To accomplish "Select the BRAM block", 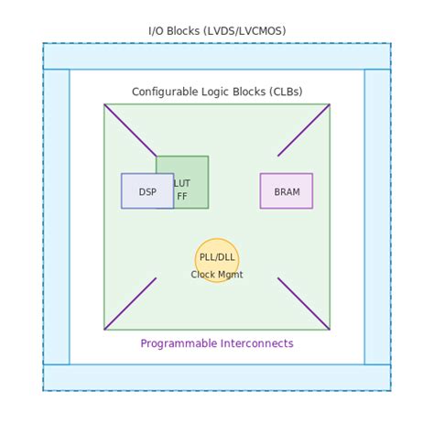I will click(286, 191).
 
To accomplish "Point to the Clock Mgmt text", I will click(217, 275).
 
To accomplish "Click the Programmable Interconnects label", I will click(217, 343).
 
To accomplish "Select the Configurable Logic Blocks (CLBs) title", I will click(217, 92).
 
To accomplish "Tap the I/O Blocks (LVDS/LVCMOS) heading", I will click(217, 31).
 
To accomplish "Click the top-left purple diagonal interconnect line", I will click(130, 130).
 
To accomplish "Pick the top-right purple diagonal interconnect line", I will click(304, 130).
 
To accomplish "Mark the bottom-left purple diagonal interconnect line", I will click(130, 304).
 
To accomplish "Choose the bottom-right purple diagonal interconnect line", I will click(304, 304).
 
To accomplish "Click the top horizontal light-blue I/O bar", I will click(217, 56).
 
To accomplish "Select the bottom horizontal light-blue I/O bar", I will click(217, 377).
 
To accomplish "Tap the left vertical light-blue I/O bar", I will click(56, 217).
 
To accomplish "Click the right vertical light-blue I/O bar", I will click(377, 217).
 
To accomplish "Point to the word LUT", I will click(182, 183).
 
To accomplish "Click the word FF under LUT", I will click(182, 197).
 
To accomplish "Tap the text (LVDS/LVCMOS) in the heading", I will click(245, 31).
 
